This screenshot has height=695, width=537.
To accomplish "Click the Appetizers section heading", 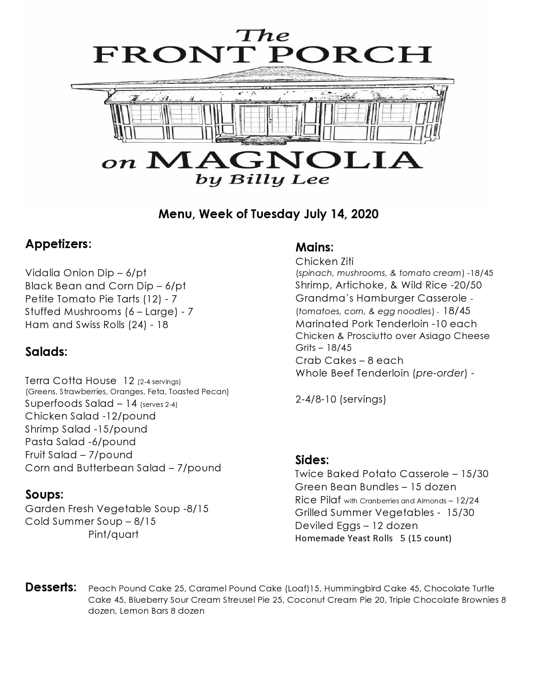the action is click(58, 244).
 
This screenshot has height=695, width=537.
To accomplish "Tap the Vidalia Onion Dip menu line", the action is click(85, 273).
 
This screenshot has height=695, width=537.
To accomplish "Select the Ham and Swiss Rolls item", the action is click(96, 325).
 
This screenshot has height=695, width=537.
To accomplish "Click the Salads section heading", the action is click(46, 352).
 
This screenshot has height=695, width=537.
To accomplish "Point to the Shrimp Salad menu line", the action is click(86, 429).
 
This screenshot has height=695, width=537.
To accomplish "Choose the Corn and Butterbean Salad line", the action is click(123, 468).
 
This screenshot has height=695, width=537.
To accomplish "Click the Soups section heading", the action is click(44, 495).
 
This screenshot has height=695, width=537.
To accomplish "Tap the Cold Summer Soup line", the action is click(90, 521).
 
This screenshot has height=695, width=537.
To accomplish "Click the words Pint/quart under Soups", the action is click(113, 535).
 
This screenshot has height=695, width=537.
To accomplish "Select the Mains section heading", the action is click(314, 247).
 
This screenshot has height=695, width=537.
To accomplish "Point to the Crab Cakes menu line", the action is click(349, 361).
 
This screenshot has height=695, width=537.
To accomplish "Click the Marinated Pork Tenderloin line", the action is click(386, 324).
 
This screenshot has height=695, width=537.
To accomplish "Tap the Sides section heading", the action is click(312, 460).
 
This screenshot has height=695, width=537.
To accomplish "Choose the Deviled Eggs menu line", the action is click(356, 526).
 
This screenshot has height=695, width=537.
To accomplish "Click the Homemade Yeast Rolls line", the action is click(373, 538).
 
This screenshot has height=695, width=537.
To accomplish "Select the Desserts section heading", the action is click(51, 588).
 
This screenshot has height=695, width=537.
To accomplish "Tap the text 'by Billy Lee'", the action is click(262, 180).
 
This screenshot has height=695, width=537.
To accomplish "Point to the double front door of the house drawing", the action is click(268, 120).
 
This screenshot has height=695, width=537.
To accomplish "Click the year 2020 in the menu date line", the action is click(364, 214).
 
